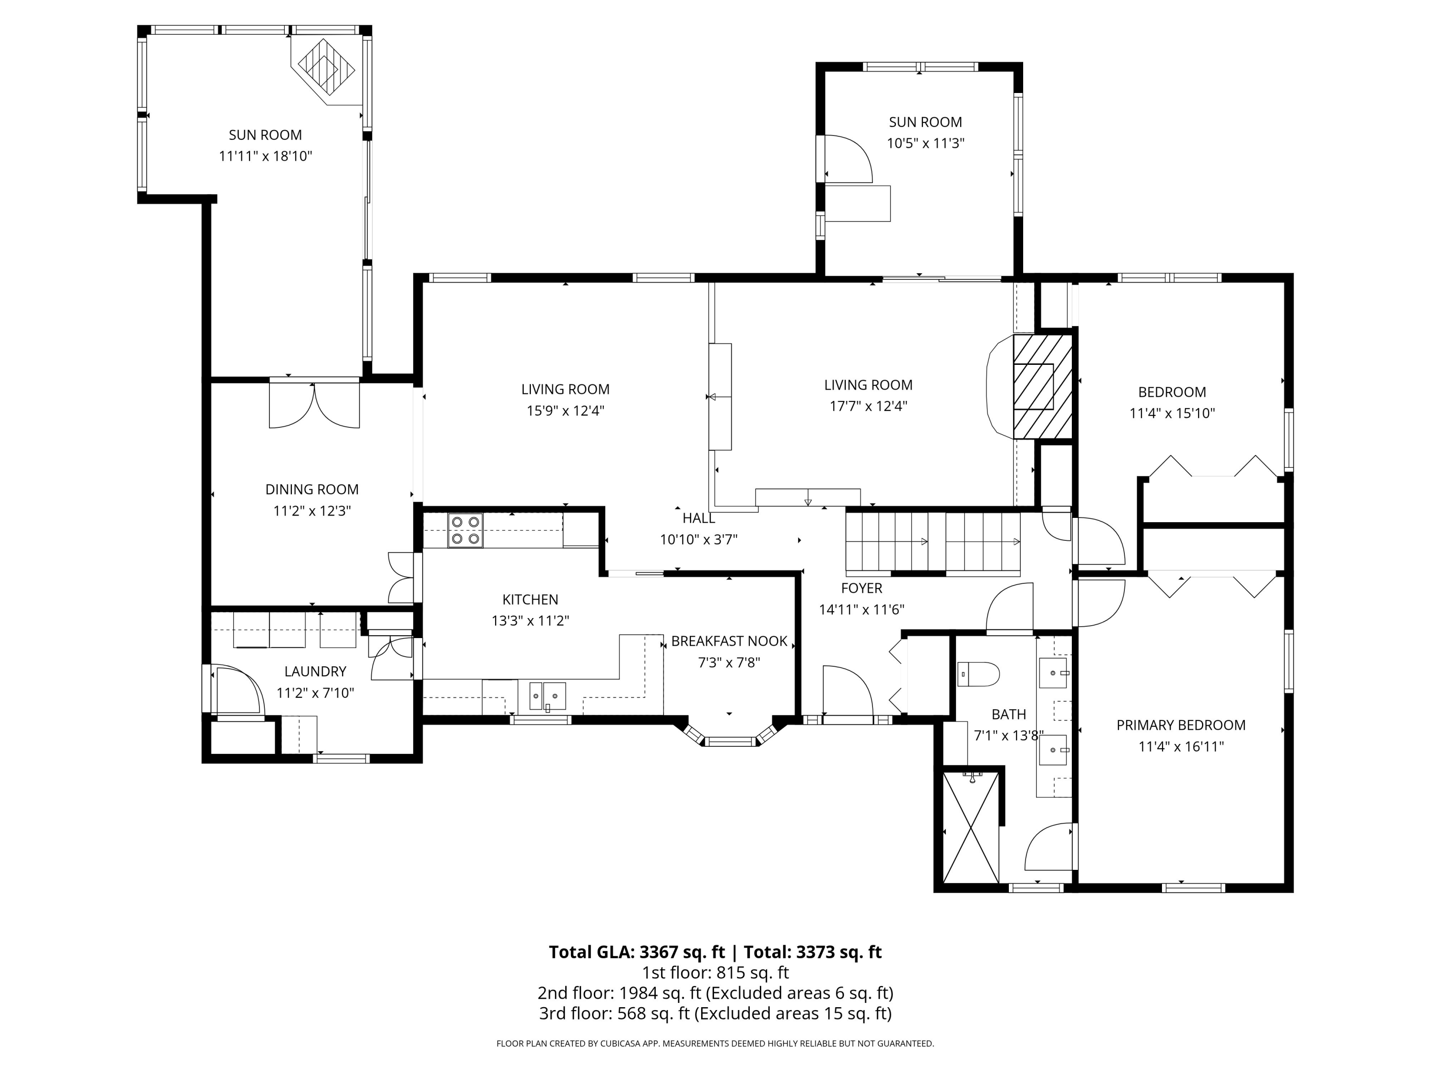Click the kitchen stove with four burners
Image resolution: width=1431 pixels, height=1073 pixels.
point(466,530)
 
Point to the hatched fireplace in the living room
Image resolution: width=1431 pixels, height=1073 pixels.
point(1042,387)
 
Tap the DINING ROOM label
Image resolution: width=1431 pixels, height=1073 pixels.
point(312,490)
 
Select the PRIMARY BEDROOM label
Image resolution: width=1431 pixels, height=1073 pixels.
point(1181,725)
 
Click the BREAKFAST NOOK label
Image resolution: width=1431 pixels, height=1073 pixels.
point(729,641)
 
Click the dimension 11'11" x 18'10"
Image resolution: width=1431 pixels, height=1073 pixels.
point(265,156)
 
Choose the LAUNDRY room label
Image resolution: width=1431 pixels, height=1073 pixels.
point(315,671)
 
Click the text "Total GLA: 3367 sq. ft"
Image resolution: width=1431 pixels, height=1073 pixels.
point(637,952)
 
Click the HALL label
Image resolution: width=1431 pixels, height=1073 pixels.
point(699,518)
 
